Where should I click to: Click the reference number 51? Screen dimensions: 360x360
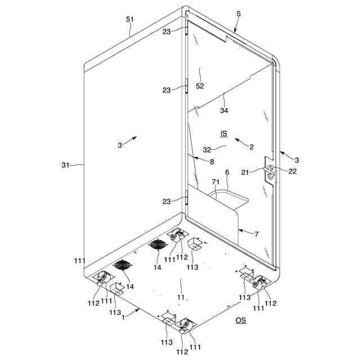tap(130, 19)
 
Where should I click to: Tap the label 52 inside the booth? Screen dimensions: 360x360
tap(200, 86)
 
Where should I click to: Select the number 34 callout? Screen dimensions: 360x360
tap(224, 111)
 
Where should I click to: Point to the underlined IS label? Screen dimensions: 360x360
tap(223, 133)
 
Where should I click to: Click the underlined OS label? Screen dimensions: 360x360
tap(240, 321)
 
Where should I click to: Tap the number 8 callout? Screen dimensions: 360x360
tap(211, 162)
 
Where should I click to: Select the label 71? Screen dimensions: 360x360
tap(215, 182)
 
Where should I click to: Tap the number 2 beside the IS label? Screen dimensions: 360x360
tap(251, 147)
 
